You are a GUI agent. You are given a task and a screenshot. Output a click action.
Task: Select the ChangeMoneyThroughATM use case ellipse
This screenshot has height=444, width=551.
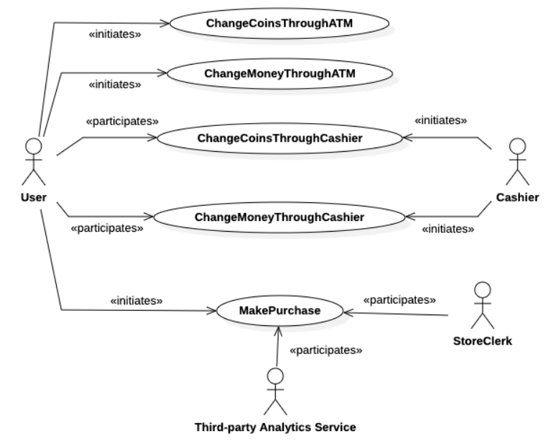[x=279, y=73]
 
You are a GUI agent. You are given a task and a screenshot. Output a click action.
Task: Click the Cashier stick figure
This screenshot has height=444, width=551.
[x=516, y=163]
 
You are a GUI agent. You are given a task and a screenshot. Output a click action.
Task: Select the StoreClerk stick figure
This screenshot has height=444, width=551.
[x=483, y=304]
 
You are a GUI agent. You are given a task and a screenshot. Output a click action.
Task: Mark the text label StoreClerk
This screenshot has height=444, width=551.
[x=483, y=341]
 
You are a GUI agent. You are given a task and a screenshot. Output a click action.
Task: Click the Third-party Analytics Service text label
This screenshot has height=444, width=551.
[x=276, y=427]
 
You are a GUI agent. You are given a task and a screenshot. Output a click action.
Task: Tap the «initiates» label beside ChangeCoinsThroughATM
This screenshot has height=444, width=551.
[x=114, y=35]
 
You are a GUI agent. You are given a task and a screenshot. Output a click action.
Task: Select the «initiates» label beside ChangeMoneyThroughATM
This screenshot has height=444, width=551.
[x=114, y=83]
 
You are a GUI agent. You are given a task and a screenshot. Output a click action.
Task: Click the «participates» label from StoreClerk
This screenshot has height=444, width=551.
[x=399, y=298]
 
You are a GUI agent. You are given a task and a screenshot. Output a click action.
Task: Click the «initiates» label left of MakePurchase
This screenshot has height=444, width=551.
[x=136, y=299]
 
